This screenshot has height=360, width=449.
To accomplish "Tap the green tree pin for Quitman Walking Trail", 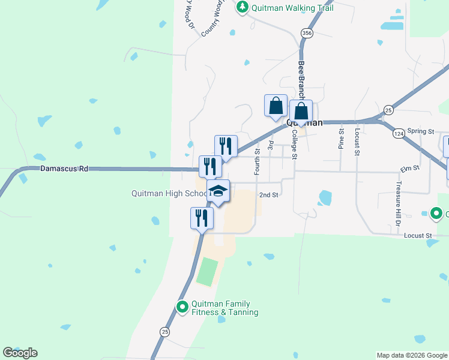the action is tap(242, 7).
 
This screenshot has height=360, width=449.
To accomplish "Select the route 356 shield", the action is tap(307, 33).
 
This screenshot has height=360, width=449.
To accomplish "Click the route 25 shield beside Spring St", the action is tap(388, 110).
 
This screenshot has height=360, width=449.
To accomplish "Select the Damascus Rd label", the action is tap(64, 169).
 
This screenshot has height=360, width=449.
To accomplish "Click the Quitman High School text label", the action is tap(169, 193).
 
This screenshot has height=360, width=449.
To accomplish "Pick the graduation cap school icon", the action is tap(218, 191).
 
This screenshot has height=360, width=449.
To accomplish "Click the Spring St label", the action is tap(420, 131).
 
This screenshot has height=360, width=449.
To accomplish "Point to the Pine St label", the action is tap(341, 139).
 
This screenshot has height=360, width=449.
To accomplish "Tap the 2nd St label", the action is tap(268, 194).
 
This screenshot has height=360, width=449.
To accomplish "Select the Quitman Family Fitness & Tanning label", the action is tap(224, 308).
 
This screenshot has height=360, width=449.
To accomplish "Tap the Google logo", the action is tap(20, 353).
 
